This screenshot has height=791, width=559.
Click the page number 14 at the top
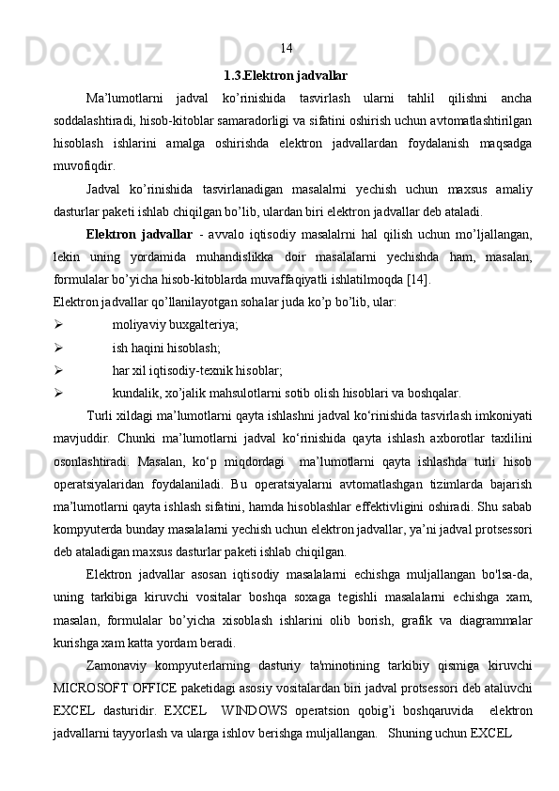coord(287,47)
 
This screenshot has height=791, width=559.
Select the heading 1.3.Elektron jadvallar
coord(286,74)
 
